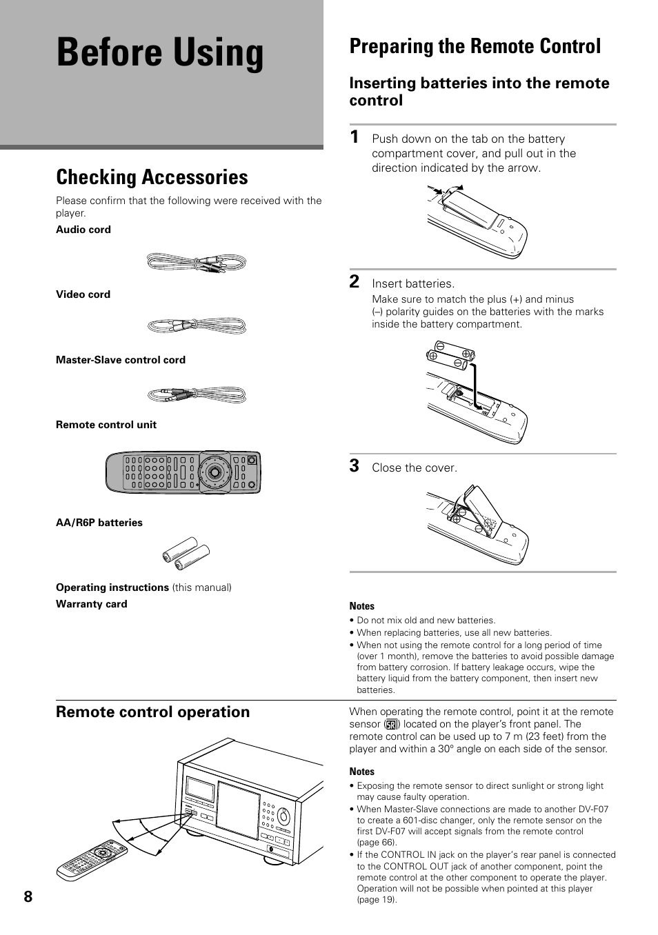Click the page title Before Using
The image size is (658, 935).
click(x=160, y=53)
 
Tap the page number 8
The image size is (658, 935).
click(x=28, y=896)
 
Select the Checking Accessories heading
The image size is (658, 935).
click(x=152, y=177)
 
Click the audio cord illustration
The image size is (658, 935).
click(x=197, y=263)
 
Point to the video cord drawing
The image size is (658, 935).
click(x=197, y=325)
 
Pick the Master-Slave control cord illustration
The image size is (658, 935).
click(x=197, y=395)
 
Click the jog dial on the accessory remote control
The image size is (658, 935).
click(x=215, y=473)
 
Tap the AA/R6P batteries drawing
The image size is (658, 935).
click(x=186, y=554)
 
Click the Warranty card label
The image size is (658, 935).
click(x=92, y=604)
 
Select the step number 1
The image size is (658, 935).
click(x=354, y=137)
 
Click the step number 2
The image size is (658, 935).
click(x=354, y=281)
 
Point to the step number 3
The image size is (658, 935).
click(x=354, y=466)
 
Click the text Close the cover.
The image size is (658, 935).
click(x=415, y=468)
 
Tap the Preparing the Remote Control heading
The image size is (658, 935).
click(x=475, y=46)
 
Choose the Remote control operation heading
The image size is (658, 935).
click(x=153, y=712)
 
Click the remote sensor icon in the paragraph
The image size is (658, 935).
click(x=392, y=725)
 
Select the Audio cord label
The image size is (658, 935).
click(x=83, y=230)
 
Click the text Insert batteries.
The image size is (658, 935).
click(x=413, y=284)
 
